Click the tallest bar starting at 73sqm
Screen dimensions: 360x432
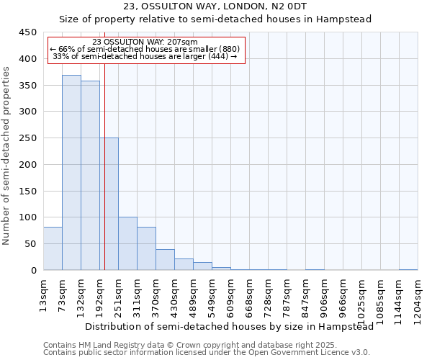tap(71, 173)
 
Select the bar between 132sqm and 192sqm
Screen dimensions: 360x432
tap(90, 176)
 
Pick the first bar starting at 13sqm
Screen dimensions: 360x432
tap(53, 248)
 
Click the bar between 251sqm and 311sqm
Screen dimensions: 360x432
tap(127, 243)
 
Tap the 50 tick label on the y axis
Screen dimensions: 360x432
tap(30, 244)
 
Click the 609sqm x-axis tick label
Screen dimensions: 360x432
tap(231, 293)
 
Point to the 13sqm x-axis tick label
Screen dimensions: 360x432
tap(44, 292)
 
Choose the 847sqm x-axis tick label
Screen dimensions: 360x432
tap(306, 293)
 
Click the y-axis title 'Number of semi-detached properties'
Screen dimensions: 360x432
tap(6, 156)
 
